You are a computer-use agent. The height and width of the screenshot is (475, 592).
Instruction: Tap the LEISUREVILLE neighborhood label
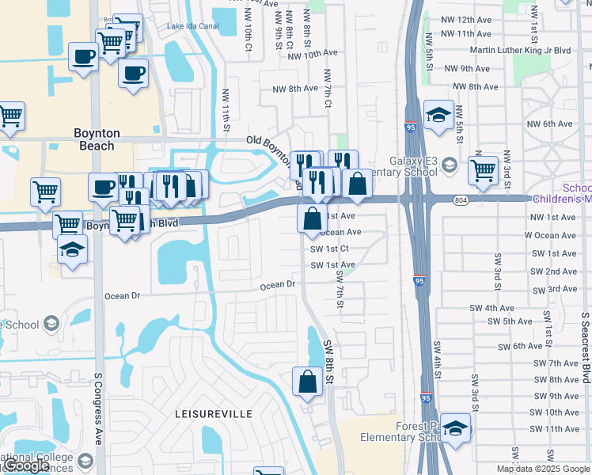point(213,414)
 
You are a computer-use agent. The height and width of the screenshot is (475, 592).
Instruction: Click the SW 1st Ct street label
point(330,249)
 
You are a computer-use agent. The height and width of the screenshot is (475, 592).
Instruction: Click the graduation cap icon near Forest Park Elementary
point(455,428)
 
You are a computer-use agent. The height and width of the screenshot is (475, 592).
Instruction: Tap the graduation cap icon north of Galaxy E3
point(438,116)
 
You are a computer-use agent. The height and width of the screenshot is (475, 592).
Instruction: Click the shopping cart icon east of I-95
point(483,169)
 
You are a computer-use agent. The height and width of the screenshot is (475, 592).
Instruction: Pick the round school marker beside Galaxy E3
point(450,165)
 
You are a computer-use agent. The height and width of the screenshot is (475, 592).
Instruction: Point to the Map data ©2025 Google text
point(542,469)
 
